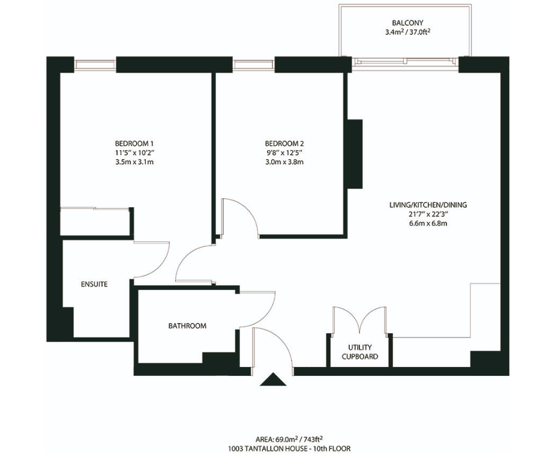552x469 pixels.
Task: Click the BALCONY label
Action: [x=407, y=23]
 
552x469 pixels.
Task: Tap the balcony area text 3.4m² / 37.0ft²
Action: [x=407, y=32]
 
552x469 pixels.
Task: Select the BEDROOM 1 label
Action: [x=134, y=144]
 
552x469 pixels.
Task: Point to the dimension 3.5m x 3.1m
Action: [x=134, y=162]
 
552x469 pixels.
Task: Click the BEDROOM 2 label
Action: [x=284, y=144]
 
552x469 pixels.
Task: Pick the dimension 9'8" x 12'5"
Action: [x=284, y=153]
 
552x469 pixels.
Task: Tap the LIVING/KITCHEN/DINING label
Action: [x=428, y=205]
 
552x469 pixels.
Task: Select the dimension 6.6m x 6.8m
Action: [x=428, y=223]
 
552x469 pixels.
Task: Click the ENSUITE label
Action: [x=94, y=284]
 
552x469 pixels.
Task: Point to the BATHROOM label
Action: [x=187, y=325]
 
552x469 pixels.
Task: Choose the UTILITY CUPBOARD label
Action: [x=360, y=352]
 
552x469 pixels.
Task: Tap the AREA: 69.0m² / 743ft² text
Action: [x=289, y=439]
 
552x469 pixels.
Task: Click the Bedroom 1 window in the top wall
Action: [x=95, y=64]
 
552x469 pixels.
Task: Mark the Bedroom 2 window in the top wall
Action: [x=253, y=64]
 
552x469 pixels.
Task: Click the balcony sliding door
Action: [x=405, y=62]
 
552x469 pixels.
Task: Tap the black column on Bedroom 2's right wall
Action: [x=355, y=154]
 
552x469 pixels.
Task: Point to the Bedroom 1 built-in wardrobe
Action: [x=96, y=221]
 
